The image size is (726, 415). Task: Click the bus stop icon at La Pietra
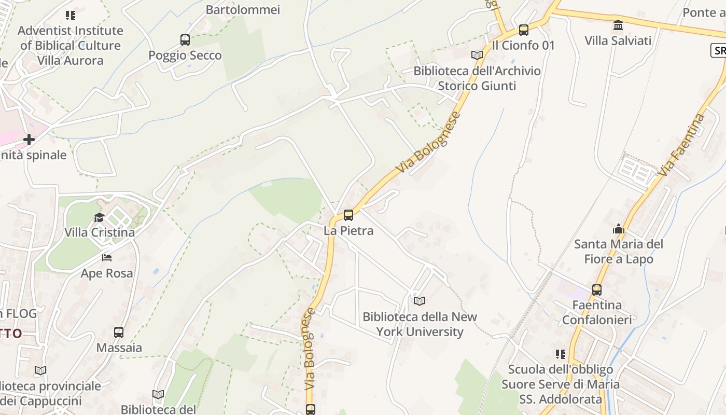tap(348, 215)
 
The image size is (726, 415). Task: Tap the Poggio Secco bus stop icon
tap(185, 39)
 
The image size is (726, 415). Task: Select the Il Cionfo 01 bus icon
tap(524, 30)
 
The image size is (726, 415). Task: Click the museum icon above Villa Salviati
tap(618, 25)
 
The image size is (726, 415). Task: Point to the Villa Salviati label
tap(618, 40)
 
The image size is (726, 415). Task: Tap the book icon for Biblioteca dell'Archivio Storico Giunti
tap(477, 55)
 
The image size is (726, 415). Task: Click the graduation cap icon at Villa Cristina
tap(99, 217)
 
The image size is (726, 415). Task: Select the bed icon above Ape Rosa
tap(107, 257)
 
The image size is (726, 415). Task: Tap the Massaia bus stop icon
tap(119, 332)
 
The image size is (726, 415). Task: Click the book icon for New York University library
tap(420, 301)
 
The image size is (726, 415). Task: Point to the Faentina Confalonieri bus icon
tap(597, 289)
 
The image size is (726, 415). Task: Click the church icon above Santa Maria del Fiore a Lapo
tap(618, 228)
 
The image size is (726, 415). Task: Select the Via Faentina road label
tap(681, 145)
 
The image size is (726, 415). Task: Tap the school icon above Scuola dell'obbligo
tap(561, 354)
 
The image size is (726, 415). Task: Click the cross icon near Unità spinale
tap(29, 139)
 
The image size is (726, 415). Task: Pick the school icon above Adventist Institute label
tap(71, 16)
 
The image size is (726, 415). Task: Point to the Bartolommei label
tap(243, 9)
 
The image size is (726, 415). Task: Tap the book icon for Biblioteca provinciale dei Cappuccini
tap(40, 370)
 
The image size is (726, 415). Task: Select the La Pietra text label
tap(348, 230)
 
